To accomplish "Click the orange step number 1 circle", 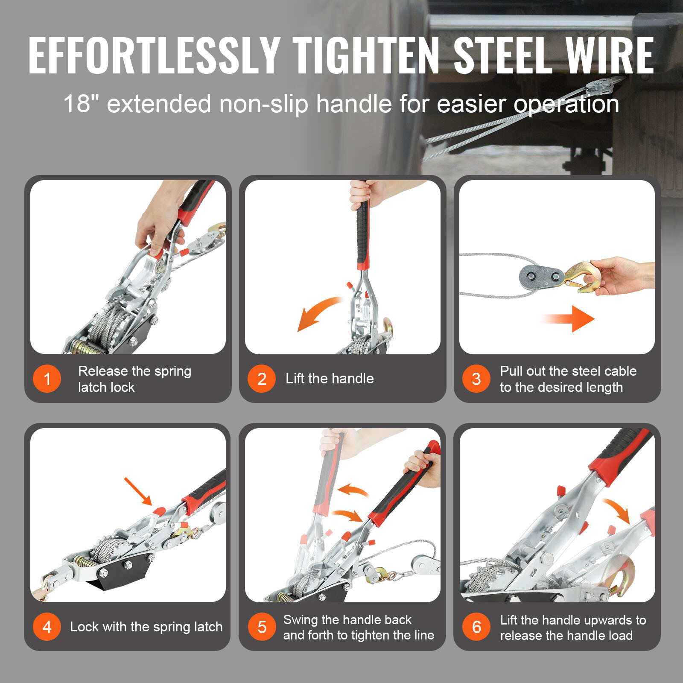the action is (47, 379).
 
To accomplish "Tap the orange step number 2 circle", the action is (262, 379).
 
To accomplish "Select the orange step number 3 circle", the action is (476, 379).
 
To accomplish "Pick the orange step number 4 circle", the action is (47, 627).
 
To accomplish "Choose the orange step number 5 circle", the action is (262, 627).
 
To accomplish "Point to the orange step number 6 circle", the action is (476, 627).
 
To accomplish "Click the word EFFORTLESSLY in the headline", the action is (154, 55).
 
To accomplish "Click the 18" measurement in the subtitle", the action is (81, 104).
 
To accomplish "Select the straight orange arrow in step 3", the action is (568, 318).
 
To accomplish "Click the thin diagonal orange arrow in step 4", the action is (138, 491).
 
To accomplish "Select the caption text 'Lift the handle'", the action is (330, 379).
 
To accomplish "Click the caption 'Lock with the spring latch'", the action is (146, 627).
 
